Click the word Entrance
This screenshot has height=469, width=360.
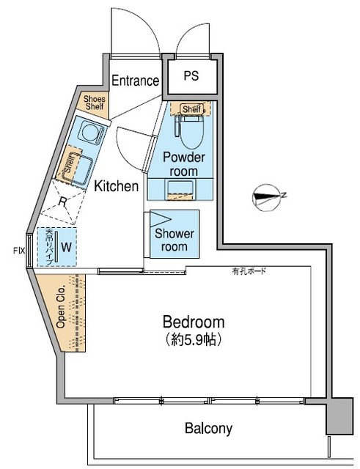point(135,81)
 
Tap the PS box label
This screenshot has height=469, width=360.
point(191,75)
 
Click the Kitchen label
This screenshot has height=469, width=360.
point(116,186)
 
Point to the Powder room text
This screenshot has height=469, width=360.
point(183,164)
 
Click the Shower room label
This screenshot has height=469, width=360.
point(175,240)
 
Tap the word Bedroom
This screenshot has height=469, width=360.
point(194,322)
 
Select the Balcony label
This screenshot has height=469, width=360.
point(208,428)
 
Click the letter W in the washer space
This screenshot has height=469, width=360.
point(66,247)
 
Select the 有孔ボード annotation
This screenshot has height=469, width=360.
point(250,272)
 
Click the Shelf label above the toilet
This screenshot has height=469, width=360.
point(191,109)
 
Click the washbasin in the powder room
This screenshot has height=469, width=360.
point(179,190)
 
